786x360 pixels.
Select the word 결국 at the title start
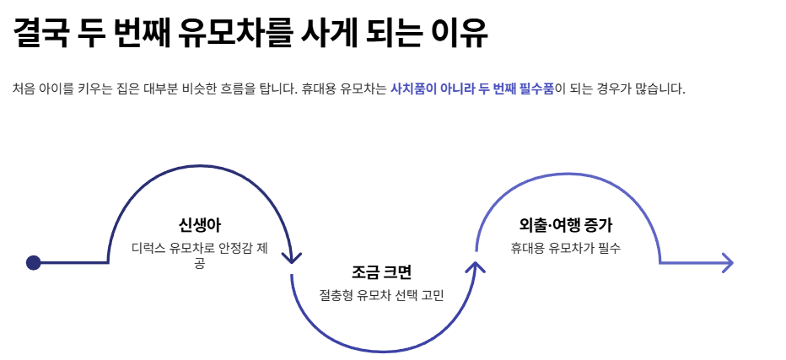pos(40,34)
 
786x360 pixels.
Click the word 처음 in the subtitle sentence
pos(24,89)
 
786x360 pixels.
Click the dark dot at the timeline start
pos(34,263)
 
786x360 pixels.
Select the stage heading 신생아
pos(200,224)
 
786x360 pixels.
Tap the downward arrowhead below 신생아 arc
pos(292,256)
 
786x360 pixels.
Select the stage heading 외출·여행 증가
pos(566,225)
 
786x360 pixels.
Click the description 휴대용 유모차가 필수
pos(566,248)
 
